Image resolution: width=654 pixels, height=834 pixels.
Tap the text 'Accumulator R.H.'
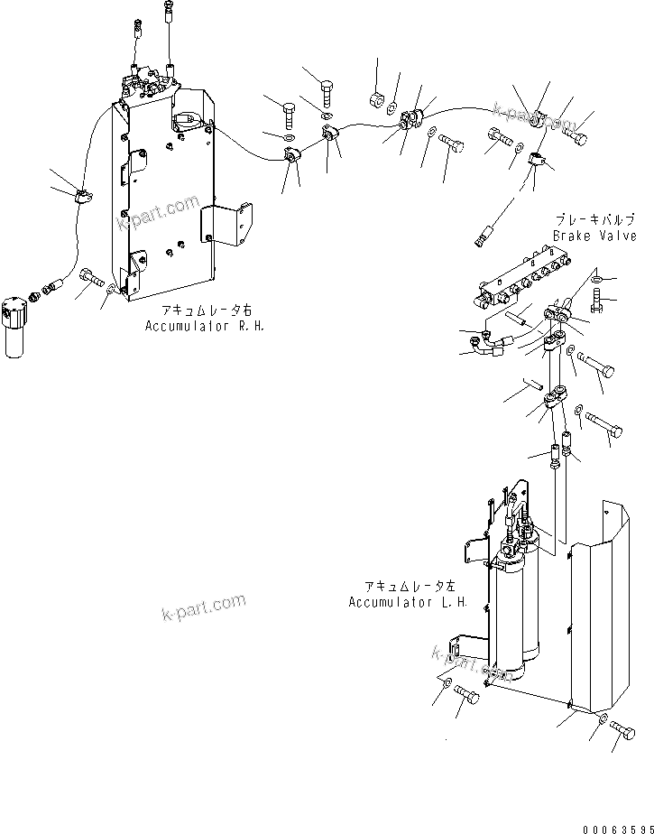[x=205, y=325]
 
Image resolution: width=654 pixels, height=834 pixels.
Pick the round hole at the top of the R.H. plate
[x=183, y=117]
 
